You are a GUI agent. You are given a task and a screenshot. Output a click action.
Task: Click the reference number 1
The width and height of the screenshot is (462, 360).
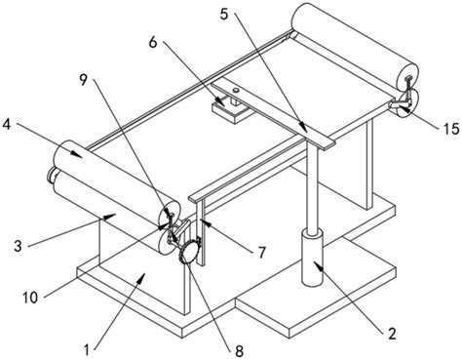tap(86, 350)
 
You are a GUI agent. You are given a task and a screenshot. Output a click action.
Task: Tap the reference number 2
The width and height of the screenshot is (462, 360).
tap(392, 334)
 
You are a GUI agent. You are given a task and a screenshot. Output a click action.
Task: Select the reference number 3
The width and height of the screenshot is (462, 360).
tap(18, 246)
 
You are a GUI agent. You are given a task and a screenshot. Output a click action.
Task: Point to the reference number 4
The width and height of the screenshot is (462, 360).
tap(6, 125)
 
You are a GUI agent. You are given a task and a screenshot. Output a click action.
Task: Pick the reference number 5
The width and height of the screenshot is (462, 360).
tap(224, 15)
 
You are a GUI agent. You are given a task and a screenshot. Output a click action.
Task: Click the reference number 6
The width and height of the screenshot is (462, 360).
tap(153, 42)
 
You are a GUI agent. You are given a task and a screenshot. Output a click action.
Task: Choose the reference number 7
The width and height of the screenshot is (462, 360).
tap(262, 252)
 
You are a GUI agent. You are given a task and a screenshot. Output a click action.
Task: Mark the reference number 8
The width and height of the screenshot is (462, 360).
tap(239, 351)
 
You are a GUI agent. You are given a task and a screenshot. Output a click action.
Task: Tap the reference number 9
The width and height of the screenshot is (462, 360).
tap(84, 80)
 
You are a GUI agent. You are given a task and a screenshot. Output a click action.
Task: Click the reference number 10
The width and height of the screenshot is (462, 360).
tap(30, 298)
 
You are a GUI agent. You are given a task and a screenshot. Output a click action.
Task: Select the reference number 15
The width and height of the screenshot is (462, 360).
tap(451, 129)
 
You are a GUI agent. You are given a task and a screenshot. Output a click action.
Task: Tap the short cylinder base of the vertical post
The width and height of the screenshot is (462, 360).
tap(312, 258)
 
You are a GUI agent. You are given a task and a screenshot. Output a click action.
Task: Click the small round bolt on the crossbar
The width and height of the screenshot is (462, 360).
tap(236, 90)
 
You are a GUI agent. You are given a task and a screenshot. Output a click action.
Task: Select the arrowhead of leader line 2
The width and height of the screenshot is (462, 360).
tap(318, 266)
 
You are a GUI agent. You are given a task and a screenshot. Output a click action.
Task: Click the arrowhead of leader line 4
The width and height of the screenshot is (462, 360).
tap(77, 153)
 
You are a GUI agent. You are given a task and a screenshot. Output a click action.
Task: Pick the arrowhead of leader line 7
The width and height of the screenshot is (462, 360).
tap(203, 221)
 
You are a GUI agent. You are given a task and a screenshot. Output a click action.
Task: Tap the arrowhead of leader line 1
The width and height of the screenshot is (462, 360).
tap(140, 277)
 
